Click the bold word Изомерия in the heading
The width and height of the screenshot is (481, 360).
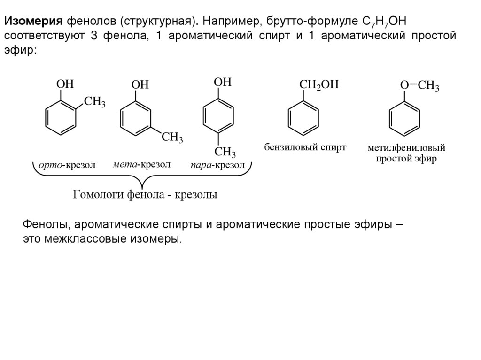(x=33, y=21)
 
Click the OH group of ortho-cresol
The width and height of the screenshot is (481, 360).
(x=65, y=84)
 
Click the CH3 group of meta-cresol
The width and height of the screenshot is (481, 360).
(x=172, y=138)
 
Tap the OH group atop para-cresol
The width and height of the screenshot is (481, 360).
(x=223, y=82)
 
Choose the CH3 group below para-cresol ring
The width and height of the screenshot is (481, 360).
(x=225, y=152)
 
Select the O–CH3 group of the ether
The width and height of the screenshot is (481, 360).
(x=419, y=86)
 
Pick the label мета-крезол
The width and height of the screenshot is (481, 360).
(x=141, y=165)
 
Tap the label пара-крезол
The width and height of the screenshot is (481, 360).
(x=217, y=165)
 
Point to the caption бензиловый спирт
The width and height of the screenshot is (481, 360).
(x=305, y=147)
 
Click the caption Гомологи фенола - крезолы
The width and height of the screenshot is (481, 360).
(x=145, y=194)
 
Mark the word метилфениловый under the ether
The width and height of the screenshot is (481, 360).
(x=406, y=148)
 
